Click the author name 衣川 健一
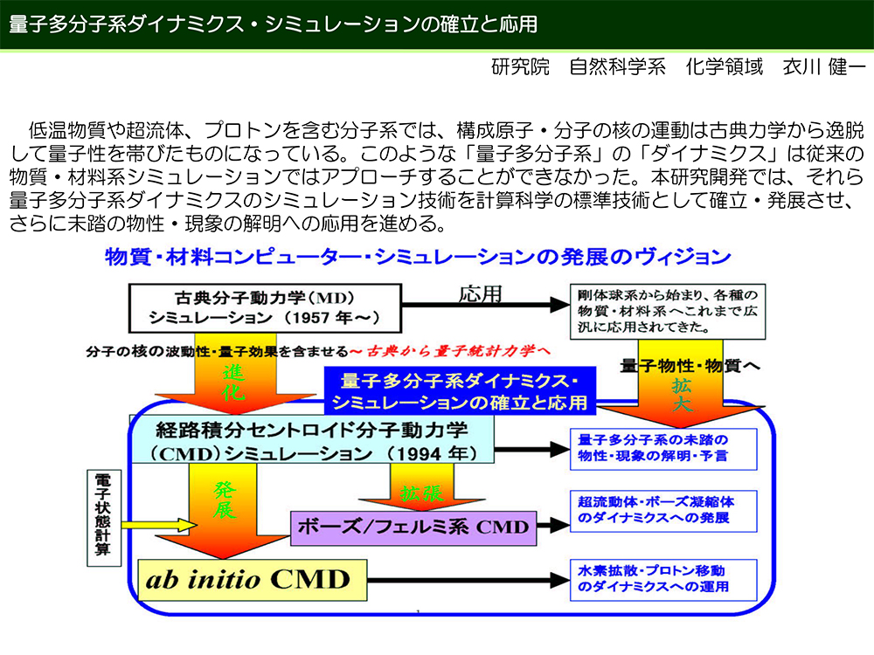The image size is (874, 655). (x=824, y=67)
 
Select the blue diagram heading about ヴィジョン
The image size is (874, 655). (x=418, y=257)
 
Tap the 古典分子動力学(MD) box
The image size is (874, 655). (x=266, y=308)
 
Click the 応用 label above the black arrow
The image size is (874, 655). (x=481, y=293)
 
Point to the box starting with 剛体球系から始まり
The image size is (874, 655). (x=668, y=312)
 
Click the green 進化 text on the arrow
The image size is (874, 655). (x=234, y=383)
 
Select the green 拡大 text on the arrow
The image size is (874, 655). (x=681, y=395)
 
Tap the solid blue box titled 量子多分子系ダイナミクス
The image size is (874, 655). (x=460, y=390)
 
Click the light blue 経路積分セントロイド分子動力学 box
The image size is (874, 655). (x=312, y=440)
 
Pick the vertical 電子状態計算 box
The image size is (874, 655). (x=104, y=518)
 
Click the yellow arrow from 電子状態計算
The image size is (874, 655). (x=159, y=525)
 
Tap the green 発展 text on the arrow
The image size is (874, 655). (x=225, y=500)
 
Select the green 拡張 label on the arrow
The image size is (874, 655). (x=422, y=493)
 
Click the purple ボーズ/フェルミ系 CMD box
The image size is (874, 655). (x=413, y=527)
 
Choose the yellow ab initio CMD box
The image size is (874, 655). (x=253, y=580)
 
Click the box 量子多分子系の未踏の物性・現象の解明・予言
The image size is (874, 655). (x=663, y=449)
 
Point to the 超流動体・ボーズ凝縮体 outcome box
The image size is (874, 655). (x=663, y=511)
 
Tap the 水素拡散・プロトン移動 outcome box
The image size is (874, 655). (x=663, y=580)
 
